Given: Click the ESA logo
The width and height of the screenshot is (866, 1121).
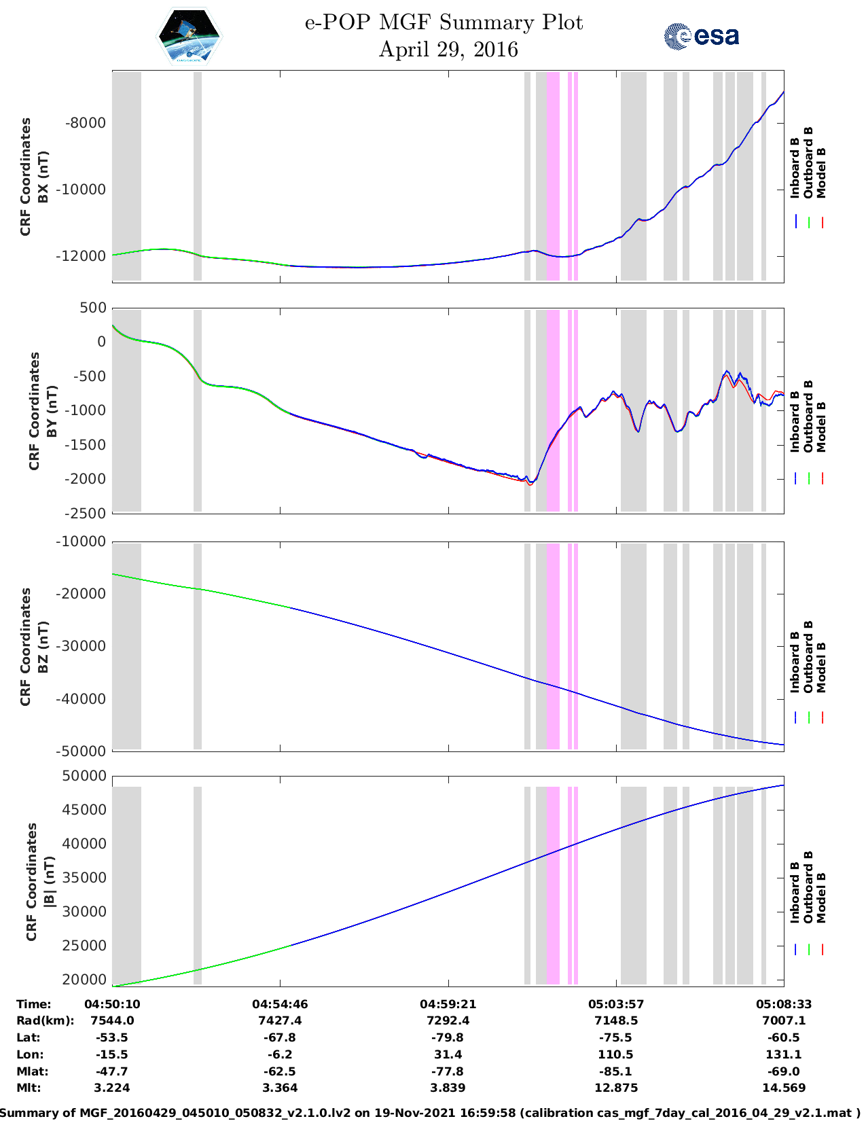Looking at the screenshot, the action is (701, 36).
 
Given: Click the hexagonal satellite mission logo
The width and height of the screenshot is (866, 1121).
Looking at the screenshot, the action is (189, 36).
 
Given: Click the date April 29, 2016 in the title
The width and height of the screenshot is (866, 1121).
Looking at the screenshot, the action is (448, 50).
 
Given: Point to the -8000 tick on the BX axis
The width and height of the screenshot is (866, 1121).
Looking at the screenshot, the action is (85, 123).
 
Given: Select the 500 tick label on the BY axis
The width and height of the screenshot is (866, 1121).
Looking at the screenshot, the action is (93, 308).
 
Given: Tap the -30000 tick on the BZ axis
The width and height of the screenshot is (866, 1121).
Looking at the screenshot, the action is (80, 646).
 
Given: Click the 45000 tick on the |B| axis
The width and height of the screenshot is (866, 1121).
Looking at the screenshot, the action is (84, 809).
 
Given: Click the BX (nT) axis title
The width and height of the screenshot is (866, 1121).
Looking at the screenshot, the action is (43, 177).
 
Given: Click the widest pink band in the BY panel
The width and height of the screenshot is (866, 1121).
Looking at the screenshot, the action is (553, 410).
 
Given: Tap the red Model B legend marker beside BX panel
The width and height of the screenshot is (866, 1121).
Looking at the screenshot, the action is (822, 222).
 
